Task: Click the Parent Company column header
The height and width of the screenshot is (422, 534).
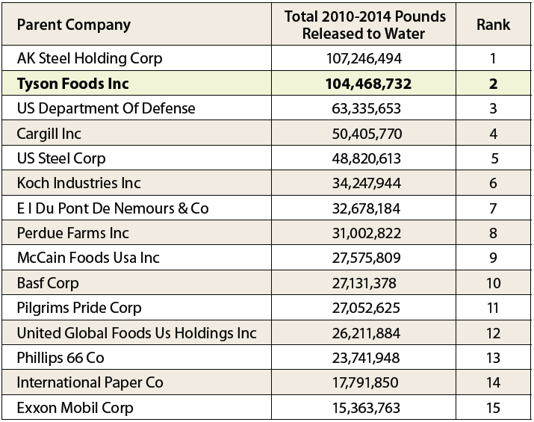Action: point(73,25)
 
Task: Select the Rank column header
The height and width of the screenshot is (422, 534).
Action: point(493,25)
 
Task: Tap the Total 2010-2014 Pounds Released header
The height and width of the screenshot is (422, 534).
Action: point(365,25)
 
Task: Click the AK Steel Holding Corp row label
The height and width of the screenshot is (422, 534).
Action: point(89,58)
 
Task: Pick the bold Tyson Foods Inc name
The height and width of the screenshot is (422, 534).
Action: point(72,84)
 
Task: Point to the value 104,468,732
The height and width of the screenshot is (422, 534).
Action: point(365,84)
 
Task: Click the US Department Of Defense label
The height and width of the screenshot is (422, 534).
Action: point(105,108)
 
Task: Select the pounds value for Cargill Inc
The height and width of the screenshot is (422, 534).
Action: point(365,134)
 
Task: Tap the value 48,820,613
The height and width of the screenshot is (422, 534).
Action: point(365,158)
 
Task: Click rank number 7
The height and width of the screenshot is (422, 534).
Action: point(493,208)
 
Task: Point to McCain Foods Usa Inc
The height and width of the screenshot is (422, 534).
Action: point(88,258)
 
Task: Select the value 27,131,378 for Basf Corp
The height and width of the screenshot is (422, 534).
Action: point(365,283)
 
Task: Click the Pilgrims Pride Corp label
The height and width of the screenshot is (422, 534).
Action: point(79,308)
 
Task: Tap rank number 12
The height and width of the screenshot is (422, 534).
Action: point(493,333)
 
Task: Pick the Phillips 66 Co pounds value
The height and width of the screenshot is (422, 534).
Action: point(365,358)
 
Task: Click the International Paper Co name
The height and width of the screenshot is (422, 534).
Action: point(90,383)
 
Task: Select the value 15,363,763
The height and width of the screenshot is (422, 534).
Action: point(365,408)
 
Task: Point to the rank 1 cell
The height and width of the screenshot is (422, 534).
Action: point(493,58)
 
